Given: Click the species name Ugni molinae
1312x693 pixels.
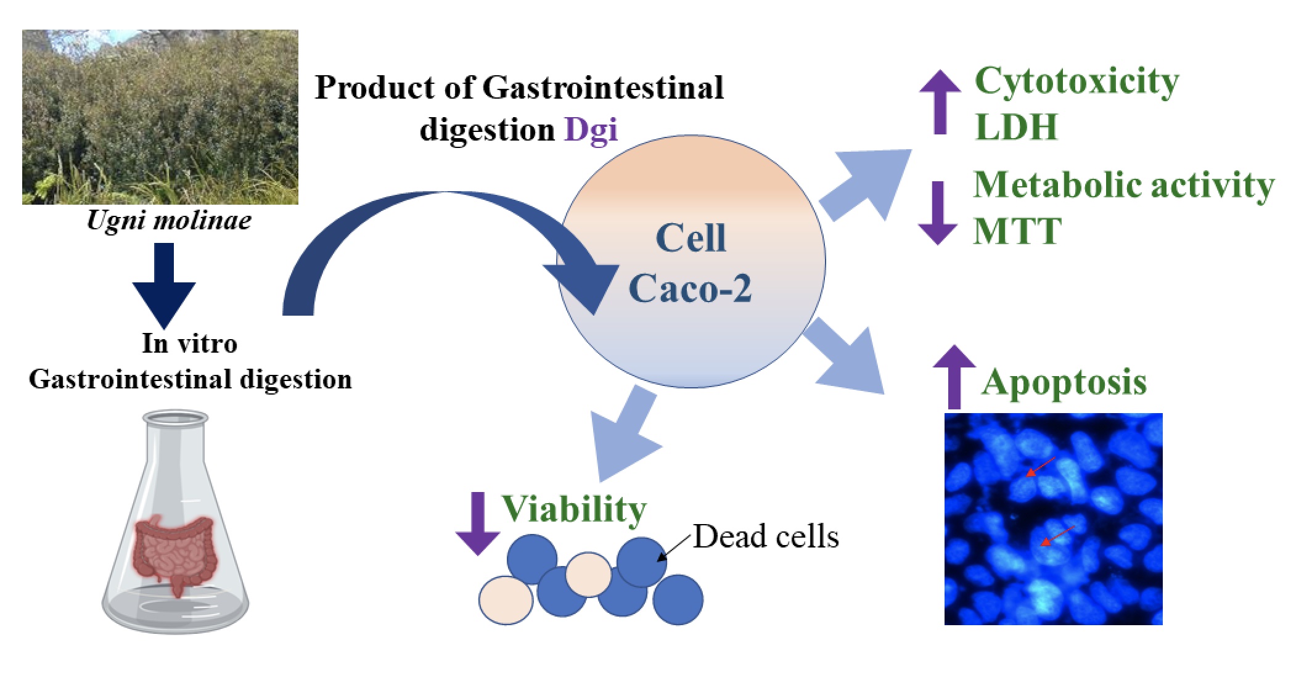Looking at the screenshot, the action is (x=169, y=221).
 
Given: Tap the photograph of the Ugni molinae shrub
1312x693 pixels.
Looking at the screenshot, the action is (x=160, y=117).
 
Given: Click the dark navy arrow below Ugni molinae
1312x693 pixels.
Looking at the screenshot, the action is (x=164, y=285).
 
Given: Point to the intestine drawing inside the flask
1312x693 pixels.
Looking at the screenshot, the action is (x=174, y=552).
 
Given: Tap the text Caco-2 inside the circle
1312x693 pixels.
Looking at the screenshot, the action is (x=690, y=288).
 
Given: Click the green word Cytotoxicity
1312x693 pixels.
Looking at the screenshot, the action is (x=1076, y=81).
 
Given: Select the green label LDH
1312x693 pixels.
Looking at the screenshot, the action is (x=1016, y=126).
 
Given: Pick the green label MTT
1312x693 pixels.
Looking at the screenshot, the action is (x=1017, y=231).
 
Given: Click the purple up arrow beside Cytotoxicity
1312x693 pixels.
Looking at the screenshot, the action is (x=940, y=102).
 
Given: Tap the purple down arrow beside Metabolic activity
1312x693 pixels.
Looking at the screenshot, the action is (x=938, y=213).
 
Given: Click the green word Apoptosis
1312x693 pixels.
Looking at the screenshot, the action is (x=1064, y=382).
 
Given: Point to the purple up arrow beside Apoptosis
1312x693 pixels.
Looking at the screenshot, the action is (x=954, y=377).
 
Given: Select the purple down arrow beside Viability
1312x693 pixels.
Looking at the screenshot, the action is (x=477, y=524).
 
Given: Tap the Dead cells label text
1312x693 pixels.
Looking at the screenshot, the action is (x=766, y=536).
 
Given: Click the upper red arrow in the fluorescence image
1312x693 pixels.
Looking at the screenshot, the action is (x=1041, y=467).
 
